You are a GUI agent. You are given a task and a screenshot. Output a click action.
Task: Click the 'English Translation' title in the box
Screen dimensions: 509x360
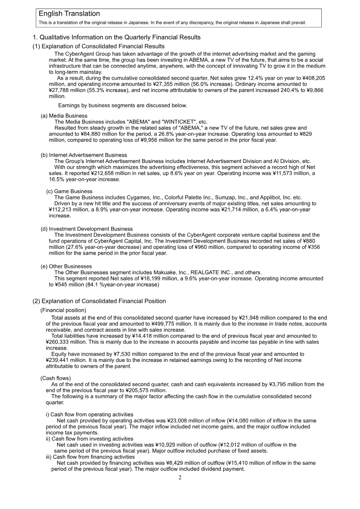point(69,14)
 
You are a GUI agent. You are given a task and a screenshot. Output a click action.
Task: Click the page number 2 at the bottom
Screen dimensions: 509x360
point(180,477)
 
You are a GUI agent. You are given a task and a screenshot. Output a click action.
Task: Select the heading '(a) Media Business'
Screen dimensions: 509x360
point(64,116)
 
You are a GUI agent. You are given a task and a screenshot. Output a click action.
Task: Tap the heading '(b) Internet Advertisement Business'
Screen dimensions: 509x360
point(84,155)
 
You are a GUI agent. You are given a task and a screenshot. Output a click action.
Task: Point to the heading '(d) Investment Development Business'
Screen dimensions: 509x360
point(87,229)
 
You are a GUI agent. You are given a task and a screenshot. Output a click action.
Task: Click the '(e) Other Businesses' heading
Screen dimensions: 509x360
point(66,267)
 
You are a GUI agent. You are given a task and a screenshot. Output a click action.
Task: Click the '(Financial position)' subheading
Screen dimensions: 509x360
point(63,310)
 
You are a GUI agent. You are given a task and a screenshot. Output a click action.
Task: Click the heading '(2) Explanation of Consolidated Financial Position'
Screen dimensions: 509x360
point(99,301)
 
